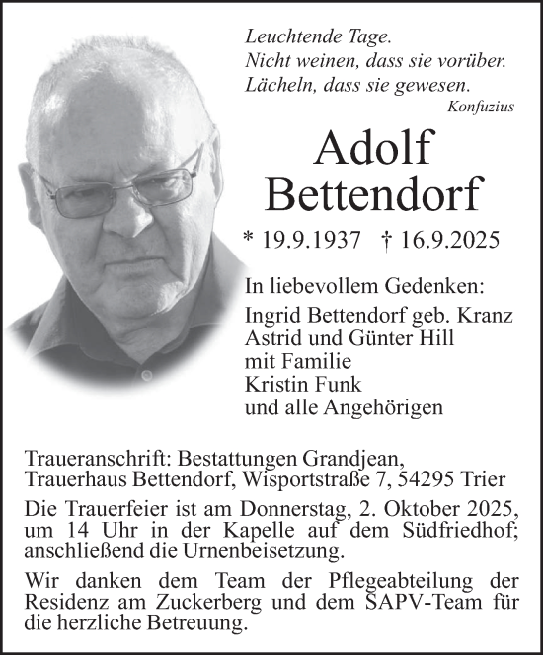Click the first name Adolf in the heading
point(373,147)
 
